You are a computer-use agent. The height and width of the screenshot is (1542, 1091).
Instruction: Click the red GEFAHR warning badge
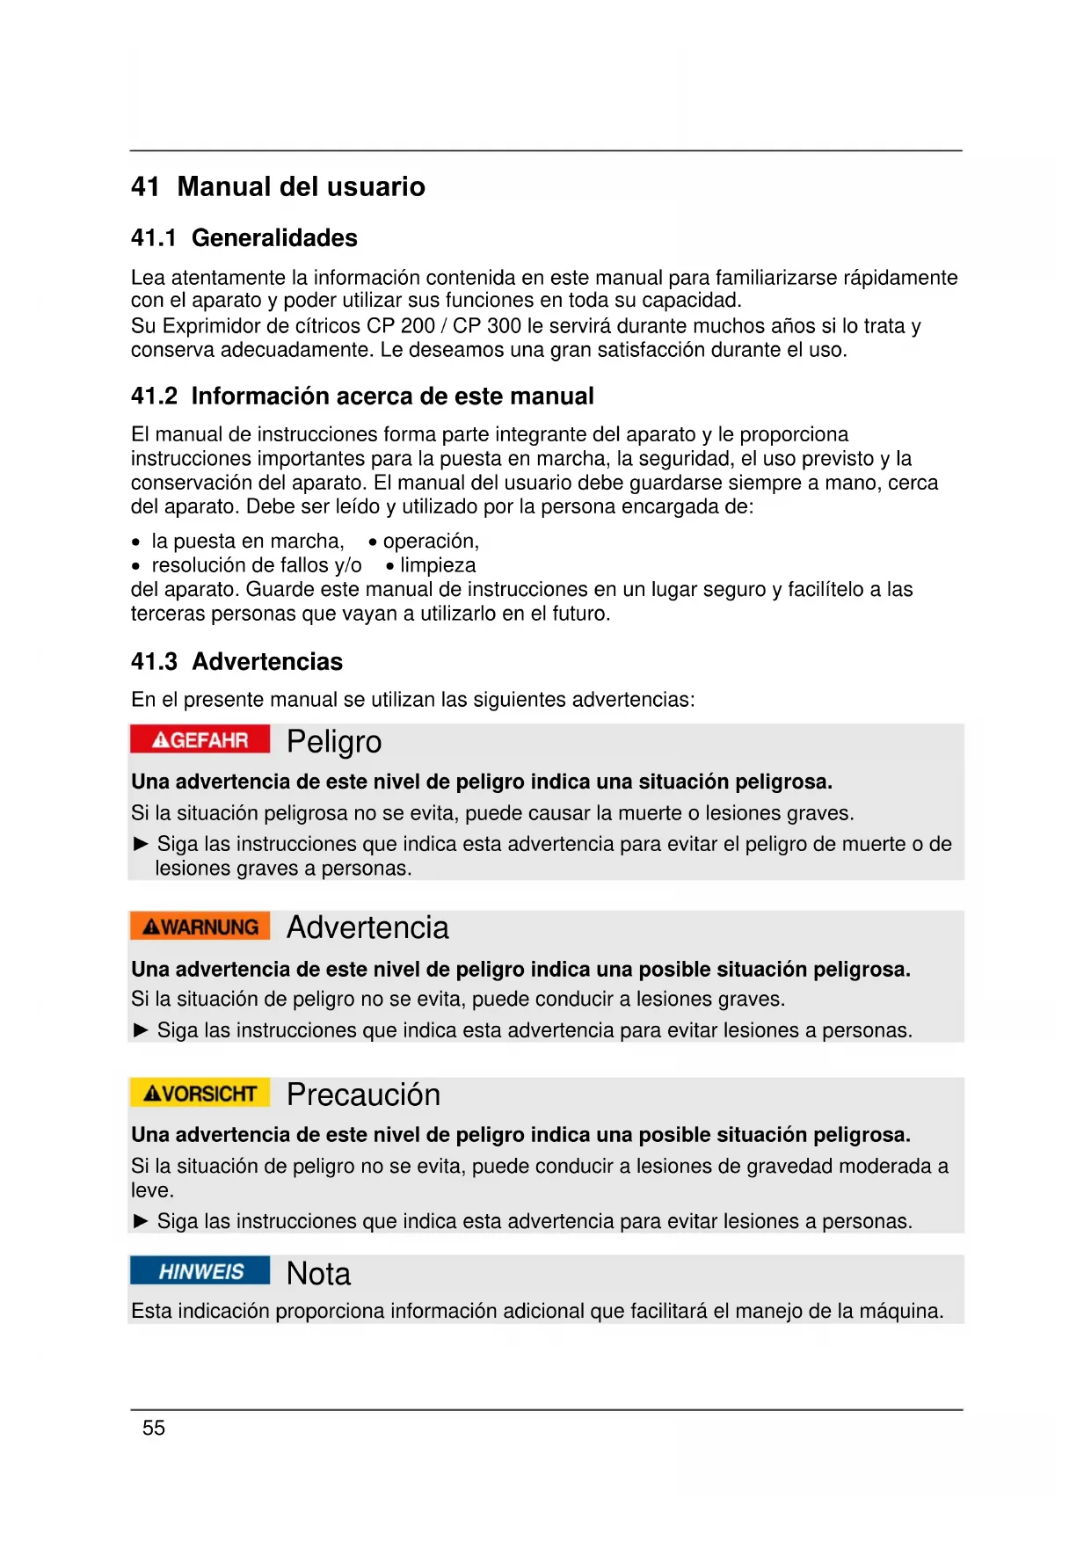[x=200, y=739]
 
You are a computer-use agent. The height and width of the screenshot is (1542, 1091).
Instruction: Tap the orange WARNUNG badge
[x=200, y=927]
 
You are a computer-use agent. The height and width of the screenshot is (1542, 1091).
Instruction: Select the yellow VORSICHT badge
[x=200, y=1093]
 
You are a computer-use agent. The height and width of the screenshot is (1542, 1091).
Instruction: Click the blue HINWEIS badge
[x=200, y=1271]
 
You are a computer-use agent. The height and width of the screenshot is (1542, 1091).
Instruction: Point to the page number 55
[x=154, y=1428]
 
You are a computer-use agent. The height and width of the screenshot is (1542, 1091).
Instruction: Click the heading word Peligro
[x=334, y=742]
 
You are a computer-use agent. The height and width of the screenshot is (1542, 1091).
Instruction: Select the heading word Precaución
[x=363, y=1095]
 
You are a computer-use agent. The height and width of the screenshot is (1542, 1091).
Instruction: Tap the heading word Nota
[x=318, y=1274]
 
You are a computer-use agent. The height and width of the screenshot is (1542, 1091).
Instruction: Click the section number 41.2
[x=154, y=396]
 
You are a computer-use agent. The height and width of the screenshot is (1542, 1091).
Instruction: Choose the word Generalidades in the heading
[x=274, y=238]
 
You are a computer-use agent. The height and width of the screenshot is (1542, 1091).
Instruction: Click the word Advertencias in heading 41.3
[x=267, y=662]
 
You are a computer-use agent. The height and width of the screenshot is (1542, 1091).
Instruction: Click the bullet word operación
[x=430, y=542]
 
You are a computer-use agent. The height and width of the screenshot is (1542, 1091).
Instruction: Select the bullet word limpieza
[x=438, y=565]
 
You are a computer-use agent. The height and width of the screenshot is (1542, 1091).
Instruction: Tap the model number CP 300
[x=486, y=326]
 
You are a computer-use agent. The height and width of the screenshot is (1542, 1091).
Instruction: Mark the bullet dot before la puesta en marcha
[x=135, y=542]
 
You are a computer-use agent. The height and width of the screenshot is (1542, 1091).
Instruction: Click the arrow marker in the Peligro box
[x=141, y=844]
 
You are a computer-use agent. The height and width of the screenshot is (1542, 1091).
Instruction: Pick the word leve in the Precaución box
[x=152, y=1190]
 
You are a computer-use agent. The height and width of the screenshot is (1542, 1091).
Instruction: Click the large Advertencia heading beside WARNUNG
[x=367, y=927]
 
